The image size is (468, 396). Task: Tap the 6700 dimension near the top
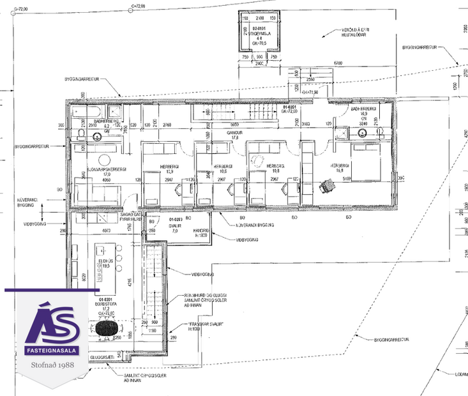click(337, 63)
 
